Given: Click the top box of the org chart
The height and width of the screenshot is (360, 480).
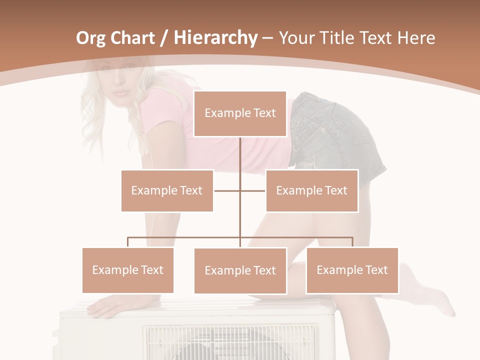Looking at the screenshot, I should [x=240, y=113].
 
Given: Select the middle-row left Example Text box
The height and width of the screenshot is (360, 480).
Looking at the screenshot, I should [x=167, y=190].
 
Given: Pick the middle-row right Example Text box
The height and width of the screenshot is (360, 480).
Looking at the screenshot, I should [x=311, y=190].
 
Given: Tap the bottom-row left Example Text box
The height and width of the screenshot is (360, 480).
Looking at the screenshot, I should [x=128, y=270].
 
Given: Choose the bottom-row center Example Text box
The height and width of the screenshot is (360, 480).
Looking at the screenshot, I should [x=240, y=270].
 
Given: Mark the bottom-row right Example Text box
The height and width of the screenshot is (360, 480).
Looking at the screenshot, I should [x=352, y=270].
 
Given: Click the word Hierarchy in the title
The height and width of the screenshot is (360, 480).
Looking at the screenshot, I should [x=215, y=38].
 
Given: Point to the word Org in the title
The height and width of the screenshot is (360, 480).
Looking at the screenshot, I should [x=91, y=38].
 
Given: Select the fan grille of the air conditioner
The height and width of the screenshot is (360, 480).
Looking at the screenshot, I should [x=230, y=342].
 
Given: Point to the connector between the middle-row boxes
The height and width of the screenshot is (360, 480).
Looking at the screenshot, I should [x=240, y=190].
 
